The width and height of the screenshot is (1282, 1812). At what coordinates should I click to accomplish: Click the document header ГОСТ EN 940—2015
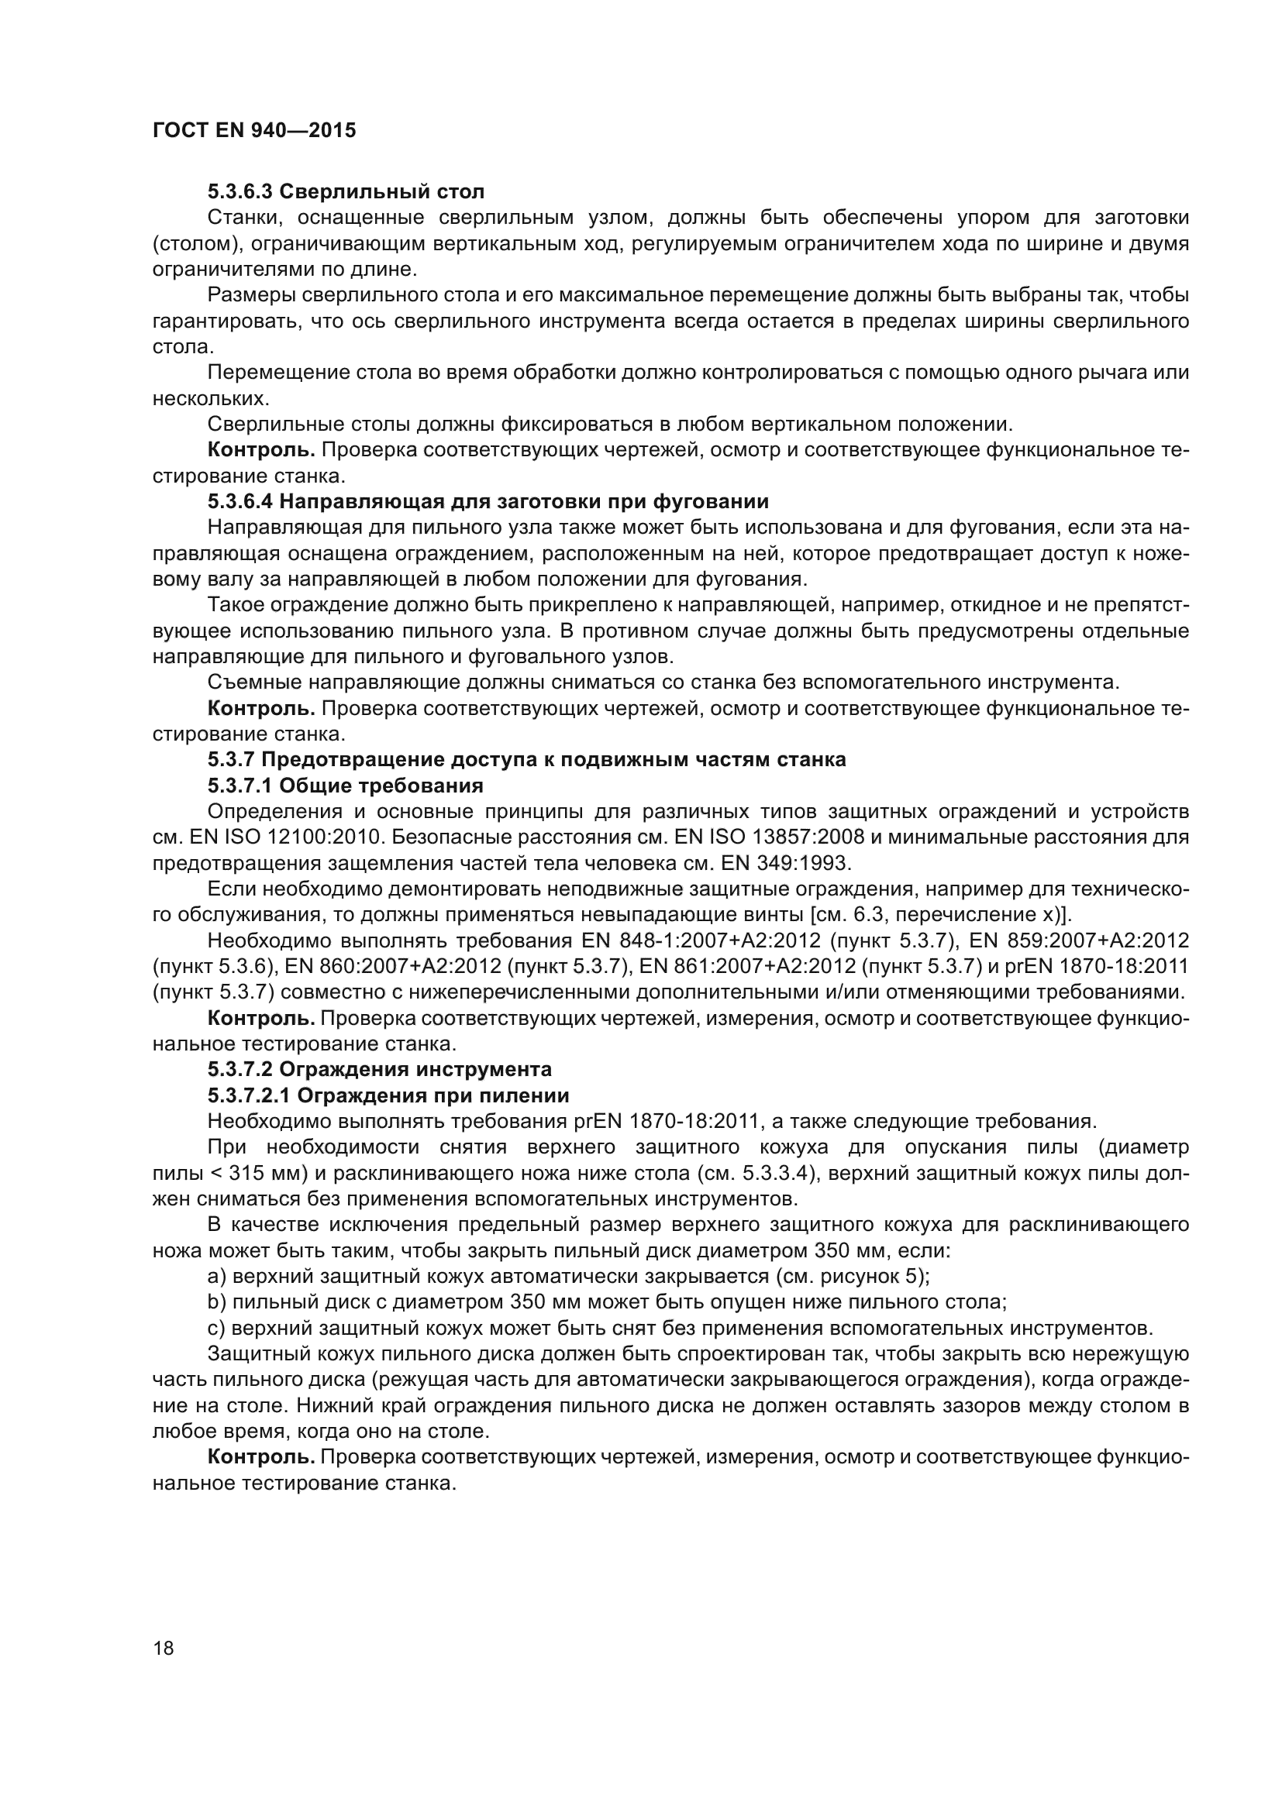(253, 130)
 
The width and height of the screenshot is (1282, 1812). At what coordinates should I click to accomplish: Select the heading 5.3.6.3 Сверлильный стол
(346, 191)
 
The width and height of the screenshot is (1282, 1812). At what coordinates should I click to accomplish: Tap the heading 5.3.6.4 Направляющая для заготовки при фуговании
(488, 501)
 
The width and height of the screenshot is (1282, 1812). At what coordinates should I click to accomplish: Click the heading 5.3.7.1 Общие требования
(346, 786)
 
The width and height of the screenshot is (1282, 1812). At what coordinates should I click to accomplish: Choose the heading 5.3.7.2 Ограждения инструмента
(380, 1069)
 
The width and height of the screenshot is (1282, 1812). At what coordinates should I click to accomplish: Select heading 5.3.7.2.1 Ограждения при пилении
(388, 1095)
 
